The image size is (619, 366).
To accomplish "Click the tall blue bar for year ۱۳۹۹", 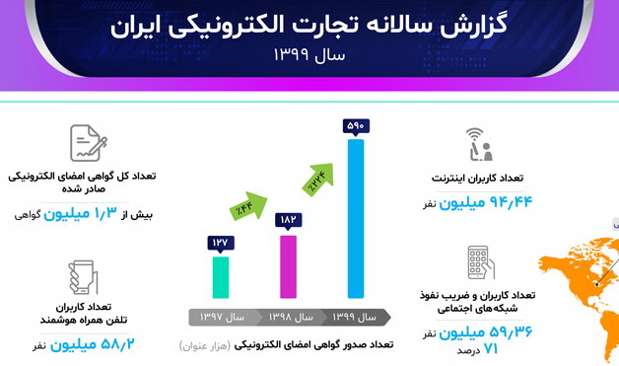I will pyautogui.click(x=356, y=222).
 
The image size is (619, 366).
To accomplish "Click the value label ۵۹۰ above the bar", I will pyautogui.click(x=356, y=125).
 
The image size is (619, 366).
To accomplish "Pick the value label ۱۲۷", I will pyautogui.click(x=221, y=243).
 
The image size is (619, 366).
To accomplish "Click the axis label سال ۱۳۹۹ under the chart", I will pyautogui.click(x=355, y=318).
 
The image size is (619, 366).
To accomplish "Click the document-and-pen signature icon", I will pyautogui.click(x=89, y=144).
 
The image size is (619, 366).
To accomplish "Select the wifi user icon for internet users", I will pyautogui.click(x=478, y=144).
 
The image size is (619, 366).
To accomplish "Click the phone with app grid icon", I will pyautogui.click(x=480, y=262).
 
